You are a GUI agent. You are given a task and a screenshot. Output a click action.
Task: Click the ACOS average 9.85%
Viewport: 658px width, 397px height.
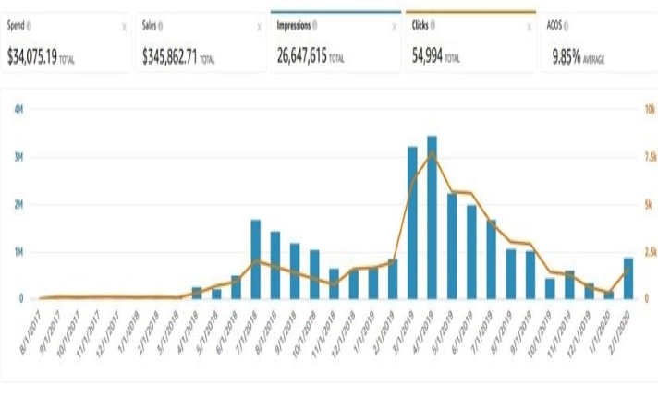pyautogui.click(x=567, y=56)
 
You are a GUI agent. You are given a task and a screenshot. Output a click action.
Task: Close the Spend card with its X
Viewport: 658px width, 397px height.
pyautogui.click(x=124, y=28)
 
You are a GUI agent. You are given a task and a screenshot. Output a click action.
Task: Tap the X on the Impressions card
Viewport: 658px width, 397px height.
pyautogui.click(x=393, y=28)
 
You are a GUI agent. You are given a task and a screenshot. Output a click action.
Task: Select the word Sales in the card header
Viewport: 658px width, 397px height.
pyautogui.click(x=151, y=27)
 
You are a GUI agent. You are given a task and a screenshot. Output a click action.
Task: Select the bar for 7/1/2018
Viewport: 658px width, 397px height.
pyautogui.click(x=256, y=259)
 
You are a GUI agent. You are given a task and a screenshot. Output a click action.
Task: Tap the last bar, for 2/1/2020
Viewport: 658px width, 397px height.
pyautogui.click(x=628, y=278)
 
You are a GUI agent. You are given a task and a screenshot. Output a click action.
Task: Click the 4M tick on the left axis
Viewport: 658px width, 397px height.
pyautogui.click(x=18, y=109)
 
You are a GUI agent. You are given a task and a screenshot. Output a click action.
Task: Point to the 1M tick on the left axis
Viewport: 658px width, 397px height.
pyautogui.click(x=18, y=252)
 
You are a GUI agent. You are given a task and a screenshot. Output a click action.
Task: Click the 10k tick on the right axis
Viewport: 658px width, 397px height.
pyautogui.click(x=650, y=109)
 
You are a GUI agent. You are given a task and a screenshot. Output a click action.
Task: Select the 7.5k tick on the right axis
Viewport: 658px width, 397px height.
pyautogui.click(x=650, y=157)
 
